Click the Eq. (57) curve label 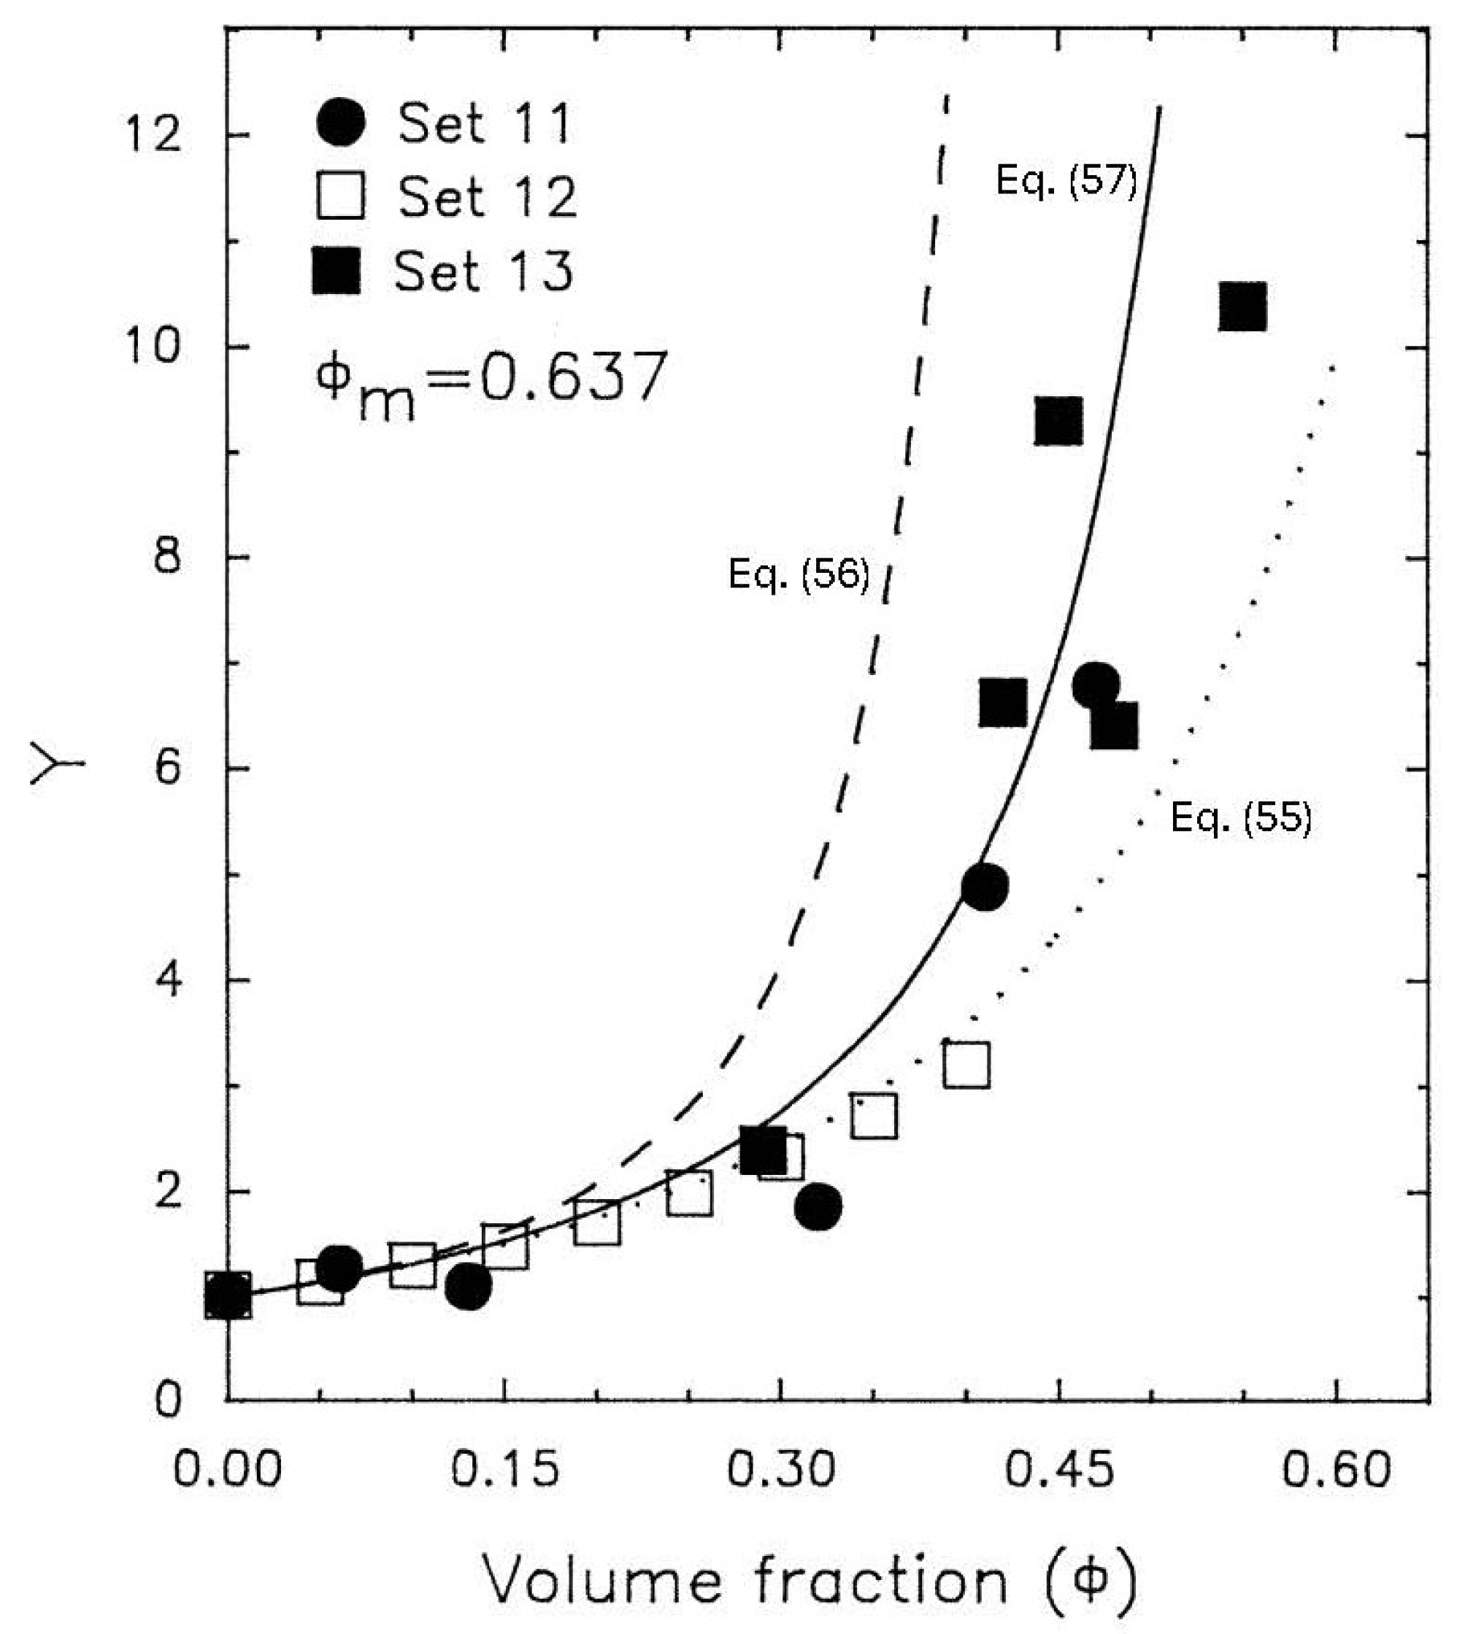pos(1066,181)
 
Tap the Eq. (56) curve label pos(798,574)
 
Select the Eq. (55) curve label pos(1241,818)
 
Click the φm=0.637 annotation pos(490,382)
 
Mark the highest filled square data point pos(1242,307)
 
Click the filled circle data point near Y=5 pos(985,887)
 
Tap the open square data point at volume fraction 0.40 pos(966,1065)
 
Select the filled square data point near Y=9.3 pos(1058,421)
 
